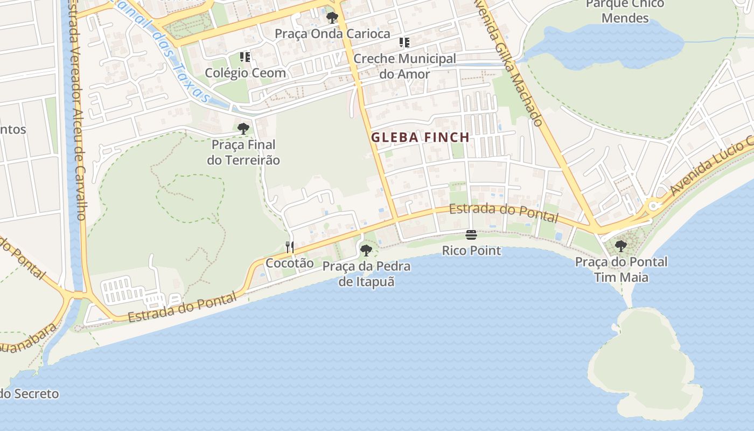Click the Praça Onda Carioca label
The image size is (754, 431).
click(332, 33)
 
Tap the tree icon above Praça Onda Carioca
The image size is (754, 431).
click(332, 18)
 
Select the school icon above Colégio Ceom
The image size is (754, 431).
click(245, 57)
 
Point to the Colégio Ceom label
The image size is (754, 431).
click(245, 72)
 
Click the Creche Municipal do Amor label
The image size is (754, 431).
click(404, 66)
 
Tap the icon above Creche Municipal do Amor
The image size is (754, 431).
click(404, 43)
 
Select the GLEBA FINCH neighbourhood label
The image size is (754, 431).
click(420, 137)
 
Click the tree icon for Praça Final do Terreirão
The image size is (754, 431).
click(243, 129)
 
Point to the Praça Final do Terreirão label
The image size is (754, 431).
click(243, 152)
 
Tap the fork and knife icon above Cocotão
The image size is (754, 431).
click(290, 247)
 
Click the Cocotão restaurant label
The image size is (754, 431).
click(289, 263)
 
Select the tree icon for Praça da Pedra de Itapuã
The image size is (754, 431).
click(366, 250)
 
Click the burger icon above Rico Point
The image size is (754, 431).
click(471, 235)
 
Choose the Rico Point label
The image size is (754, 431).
click(471, 251)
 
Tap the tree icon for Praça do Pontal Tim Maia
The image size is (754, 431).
click(621, 246)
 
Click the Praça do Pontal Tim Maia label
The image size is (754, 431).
click(621, 269)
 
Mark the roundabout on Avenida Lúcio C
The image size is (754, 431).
click(653, 205)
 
